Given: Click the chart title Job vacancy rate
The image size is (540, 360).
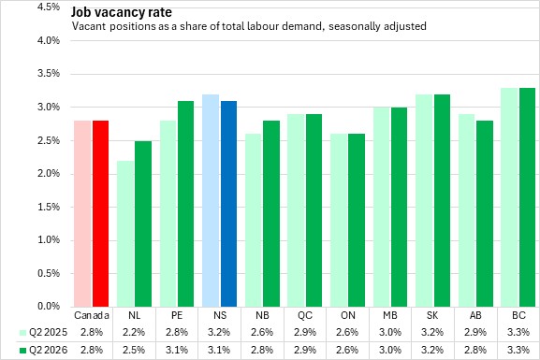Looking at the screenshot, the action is click(x=122, y=12).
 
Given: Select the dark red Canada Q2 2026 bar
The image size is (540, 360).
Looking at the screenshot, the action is click(x=100, y=214).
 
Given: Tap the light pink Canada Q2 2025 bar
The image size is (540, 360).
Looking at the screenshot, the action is click(x=82, y=214).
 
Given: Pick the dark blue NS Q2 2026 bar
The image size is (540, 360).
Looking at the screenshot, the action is click(x=228, y=204).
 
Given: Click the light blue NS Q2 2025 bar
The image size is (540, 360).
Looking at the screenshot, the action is click(x=211, y=200).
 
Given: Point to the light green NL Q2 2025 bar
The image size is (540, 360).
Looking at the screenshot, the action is click(x=125, y=234).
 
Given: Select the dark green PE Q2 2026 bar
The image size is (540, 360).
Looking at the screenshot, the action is click(x=185, y=204).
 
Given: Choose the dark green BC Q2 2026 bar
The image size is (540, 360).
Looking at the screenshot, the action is click(x=528, y=197).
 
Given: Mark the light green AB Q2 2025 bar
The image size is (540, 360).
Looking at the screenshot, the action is click(x=466, y=210).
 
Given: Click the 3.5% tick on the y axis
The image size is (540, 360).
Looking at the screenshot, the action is click(x=49, y=74).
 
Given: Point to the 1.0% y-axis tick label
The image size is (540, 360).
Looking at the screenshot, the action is click(x=49, y=240).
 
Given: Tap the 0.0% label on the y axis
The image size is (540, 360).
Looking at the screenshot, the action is click(x=49, y=306).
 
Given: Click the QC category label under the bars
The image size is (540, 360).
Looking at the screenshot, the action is click(x=305, y=315).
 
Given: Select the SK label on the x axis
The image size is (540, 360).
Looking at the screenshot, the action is click(x=432, y=315).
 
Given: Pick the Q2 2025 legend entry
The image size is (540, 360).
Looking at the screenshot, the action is click(x=43, y=333).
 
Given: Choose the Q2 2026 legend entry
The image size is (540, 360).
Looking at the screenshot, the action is click(x=43, y=351).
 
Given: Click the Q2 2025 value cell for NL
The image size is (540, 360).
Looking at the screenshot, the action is click(x=134, y=333).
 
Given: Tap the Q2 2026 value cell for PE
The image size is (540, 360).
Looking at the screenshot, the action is click(x=177, y=351).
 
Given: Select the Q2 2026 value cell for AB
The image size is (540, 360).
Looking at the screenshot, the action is click(x=475, y=351).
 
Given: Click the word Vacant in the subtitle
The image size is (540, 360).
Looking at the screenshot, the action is click(x=89, y=26).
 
